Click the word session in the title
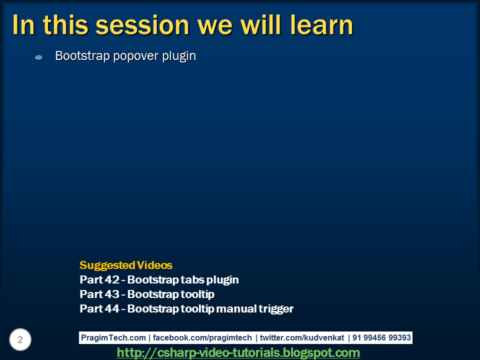point(142,25)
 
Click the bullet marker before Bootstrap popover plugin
point(39,57)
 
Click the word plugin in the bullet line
point(179,56)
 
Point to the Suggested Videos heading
point(126,265)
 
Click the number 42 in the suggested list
point(111,280)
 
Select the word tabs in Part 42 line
point(192,280)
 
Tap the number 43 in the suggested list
point(111,294)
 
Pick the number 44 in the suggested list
point(111,308)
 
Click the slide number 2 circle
point(20,339)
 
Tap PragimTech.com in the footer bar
point(113,337)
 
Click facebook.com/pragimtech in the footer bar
point(202,337)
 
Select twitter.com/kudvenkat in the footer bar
point(302,337)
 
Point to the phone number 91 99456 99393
point(381,337)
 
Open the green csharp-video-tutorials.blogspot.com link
point(238,352)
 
